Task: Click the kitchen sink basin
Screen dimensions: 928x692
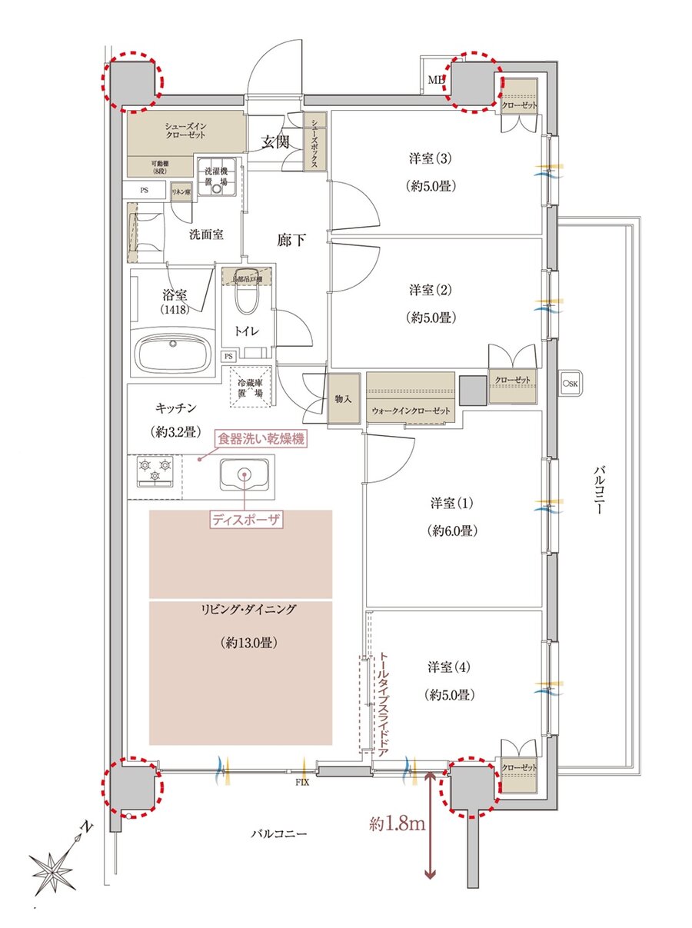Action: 245,475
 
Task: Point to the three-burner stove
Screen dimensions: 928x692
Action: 155,471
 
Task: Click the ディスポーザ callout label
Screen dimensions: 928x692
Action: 246,520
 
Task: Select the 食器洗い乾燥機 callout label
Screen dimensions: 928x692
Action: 261,440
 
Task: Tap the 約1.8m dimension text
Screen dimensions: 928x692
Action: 397,825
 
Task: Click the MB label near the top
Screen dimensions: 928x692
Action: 435,80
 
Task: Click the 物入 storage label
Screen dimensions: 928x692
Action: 343,399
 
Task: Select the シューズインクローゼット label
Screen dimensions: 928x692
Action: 185,131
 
